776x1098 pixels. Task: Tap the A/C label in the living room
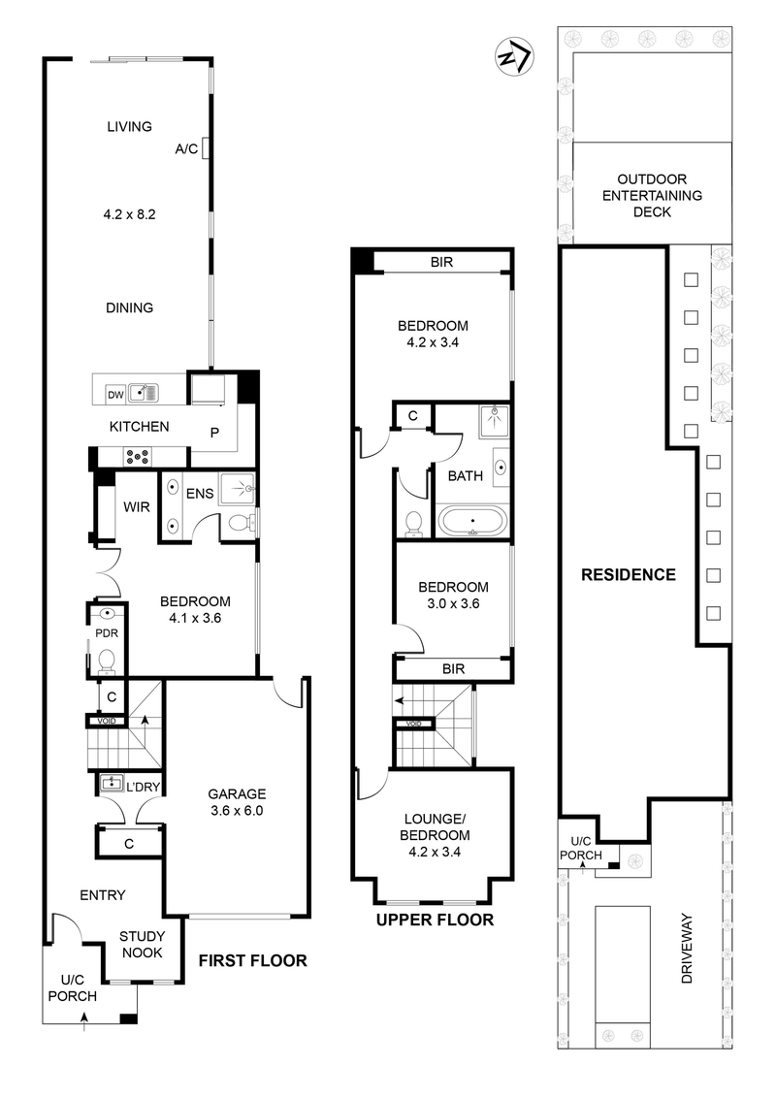[186, 149]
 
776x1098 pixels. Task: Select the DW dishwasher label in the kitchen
[115, 394]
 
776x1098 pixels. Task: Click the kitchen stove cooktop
[137, 456]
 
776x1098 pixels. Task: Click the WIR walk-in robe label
[134, 505]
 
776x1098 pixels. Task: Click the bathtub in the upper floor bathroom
[471, 521]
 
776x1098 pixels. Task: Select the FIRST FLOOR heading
[252, 961]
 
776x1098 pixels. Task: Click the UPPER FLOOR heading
[435, 920]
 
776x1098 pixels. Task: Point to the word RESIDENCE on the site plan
[628, 574]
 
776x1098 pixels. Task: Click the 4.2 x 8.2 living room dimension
[129, 216]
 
